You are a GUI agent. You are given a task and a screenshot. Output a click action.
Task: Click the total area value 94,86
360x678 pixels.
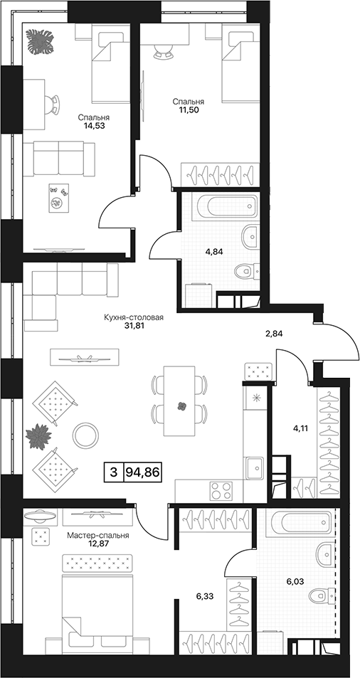(142, 472)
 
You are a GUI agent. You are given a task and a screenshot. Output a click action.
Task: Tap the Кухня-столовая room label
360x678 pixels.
(134, 318)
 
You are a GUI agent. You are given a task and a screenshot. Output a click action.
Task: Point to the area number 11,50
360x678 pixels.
(189, 110)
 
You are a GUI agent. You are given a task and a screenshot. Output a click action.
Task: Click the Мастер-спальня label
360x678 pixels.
(98, 535)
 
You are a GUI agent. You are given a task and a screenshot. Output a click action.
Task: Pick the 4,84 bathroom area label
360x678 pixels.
(214, 253)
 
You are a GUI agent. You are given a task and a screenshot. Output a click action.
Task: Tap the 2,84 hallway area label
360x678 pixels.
(274, 334)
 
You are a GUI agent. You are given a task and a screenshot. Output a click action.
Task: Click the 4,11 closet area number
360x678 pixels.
(300, 430)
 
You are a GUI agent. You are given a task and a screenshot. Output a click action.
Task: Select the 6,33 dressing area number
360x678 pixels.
(205, 596)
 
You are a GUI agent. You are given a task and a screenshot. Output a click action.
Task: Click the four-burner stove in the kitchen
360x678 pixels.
(221, 491)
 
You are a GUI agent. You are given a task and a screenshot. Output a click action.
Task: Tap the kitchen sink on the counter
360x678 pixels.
(255, 468)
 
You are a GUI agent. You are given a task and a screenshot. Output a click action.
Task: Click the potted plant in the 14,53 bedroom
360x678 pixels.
(41, 41)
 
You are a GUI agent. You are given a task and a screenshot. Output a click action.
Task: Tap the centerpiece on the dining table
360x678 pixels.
(182, 406)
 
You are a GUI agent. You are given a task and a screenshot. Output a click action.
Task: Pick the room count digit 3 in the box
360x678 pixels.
(114, 472)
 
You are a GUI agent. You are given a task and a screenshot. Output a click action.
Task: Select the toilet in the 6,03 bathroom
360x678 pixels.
(322, 596)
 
